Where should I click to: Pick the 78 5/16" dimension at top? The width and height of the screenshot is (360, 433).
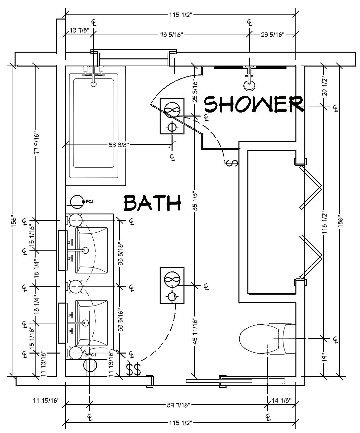point(172,34)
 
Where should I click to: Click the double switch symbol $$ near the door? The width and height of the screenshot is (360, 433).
point(133,369)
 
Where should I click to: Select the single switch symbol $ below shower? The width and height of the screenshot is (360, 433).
point(232,162)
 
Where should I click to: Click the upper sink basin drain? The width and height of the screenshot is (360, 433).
point(86,250)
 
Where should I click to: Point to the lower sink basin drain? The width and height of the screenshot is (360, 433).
point(86,322)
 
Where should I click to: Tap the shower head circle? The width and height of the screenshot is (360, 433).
point(249,86)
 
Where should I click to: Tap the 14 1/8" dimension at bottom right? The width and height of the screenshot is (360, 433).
point(282,400)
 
